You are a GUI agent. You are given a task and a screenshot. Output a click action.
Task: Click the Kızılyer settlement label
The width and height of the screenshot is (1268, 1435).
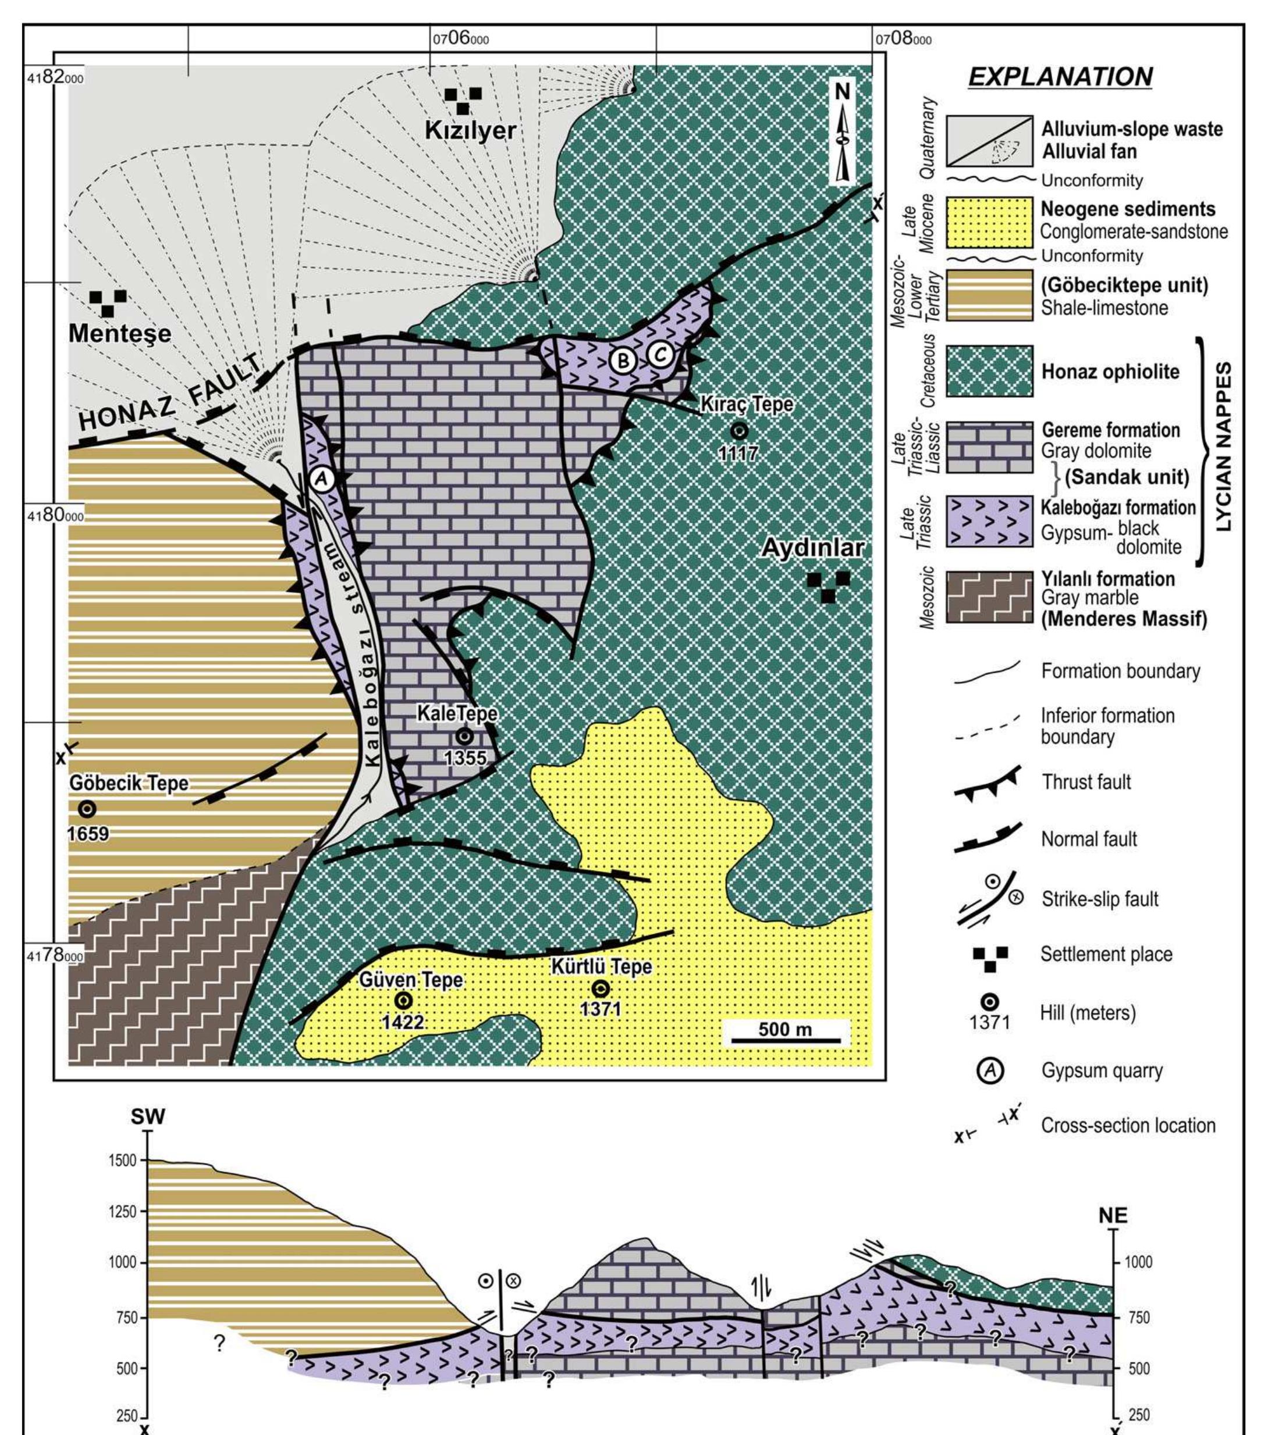click(x=470, y=131)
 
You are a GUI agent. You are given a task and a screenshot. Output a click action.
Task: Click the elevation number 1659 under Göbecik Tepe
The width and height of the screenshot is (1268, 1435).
click(x=88, y=834)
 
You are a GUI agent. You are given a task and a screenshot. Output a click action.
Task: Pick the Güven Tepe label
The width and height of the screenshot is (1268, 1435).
click(x=411, y=979)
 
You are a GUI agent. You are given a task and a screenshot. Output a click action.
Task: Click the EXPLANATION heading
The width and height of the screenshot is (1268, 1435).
click(x=1060, y=77)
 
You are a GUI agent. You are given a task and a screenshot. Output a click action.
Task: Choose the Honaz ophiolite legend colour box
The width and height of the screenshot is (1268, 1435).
click(x=989, y=371)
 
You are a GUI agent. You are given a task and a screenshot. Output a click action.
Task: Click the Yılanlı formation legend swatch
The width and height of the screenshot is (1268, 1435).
click(x=989, y=597)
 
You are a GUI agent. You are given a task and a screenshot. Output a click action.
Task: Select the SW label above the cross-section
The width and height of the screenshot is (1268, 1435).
click(x=148, y=1118)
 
